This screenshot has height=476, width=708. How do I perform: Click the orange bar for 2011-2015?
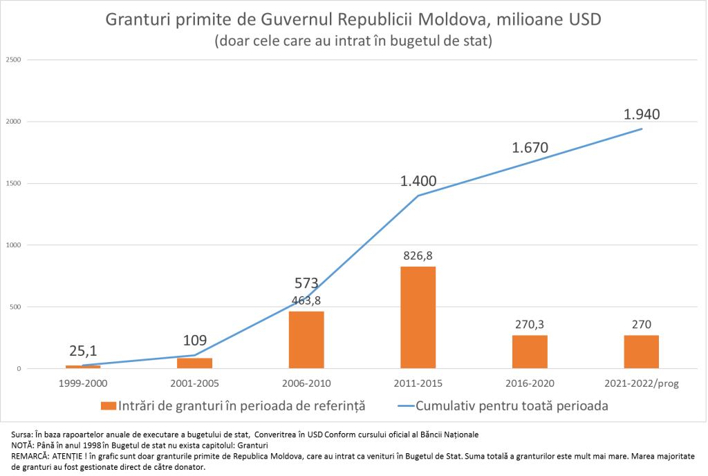click(418, 317)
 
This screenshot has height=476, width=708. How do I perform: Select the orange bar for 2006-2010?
click(306, 340)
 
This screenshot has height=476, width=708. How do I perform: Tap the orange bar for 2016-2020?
click(530, 352)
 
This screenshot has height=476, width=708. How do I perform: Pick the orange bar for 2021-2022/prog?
click(641, 352)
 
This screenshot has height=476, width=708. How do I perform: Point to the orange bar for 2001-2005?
click(194, 363)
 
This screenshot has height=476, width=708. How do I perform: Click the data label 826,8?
click(418, 256)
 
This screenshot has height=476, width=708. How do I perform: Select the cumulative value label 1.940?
click(642, 114)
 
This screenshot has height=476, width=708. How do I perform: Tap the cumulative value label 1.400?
click(418, 182)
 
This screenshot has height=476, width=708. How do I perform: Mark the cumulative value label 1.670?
click(530, 147)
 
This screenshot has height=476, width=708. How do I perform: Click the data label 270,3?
click(530, 325)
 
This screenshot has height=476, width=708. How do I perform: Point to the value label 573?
click(306, 283)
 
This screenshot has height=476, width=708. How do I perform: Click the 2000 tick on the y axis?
click(15, 122)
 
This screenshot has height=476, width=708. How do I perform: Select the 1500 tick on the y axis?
click(15, 183)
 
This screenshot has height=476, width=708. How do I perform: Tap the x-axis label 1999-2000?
click(83, 383)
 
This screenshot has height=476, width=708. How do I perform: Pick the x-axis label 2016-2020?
click(530, 383)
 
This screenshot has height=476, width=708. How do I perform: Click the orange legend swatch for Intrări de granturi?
click(107, 406)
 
